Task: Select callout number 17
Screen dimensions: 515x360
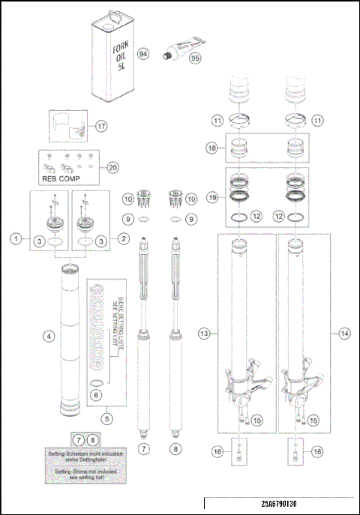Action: tap(102, 127)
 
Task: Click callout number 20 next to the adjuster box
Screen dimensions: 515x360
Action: tap(113, 168)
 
